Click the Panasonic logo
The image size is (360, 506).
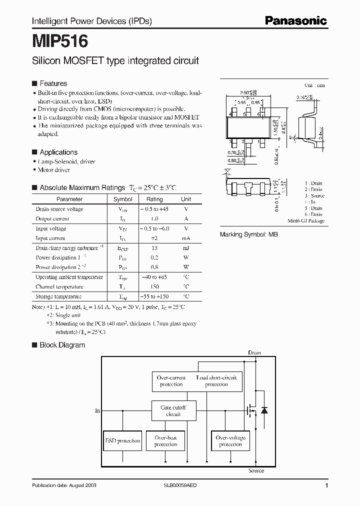tap(295, 20)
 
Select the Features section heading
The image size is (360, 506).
tap(53, 83)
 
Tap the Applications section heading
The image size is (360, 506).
tap(58, 152)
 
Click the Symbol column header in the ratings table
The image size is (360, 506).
tap(122, 199)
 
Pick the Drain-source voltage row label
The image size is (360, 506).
tap(59, 209)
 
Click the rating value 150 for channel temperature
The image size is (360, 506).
tap(154, 287)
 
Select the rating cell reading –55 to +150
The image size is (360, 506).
tap(154, 296)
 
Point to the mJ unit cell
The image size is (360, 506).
tap(186, 248)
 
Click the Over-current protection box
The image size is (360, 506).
tap(171, 381)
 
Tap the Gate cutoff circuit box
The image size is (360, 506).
tap(173, 411)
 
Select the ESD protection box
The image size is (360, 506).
tap(122, 441)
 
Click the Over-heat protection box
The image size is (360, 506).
tap(165, 441)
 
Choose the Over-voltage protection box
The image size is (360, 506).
tap(230, 441)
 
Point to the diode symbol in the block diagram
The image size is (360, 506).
tap(264, 410)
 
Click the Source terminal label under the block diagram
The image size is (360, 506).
tap(256, 470)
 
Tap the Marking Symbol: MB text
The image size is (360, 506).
tap(249, 234)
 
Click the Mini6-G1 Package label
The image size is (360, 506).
tap(306, 220)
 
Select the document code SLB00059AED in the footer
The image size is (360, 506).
tap(180, 485)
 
